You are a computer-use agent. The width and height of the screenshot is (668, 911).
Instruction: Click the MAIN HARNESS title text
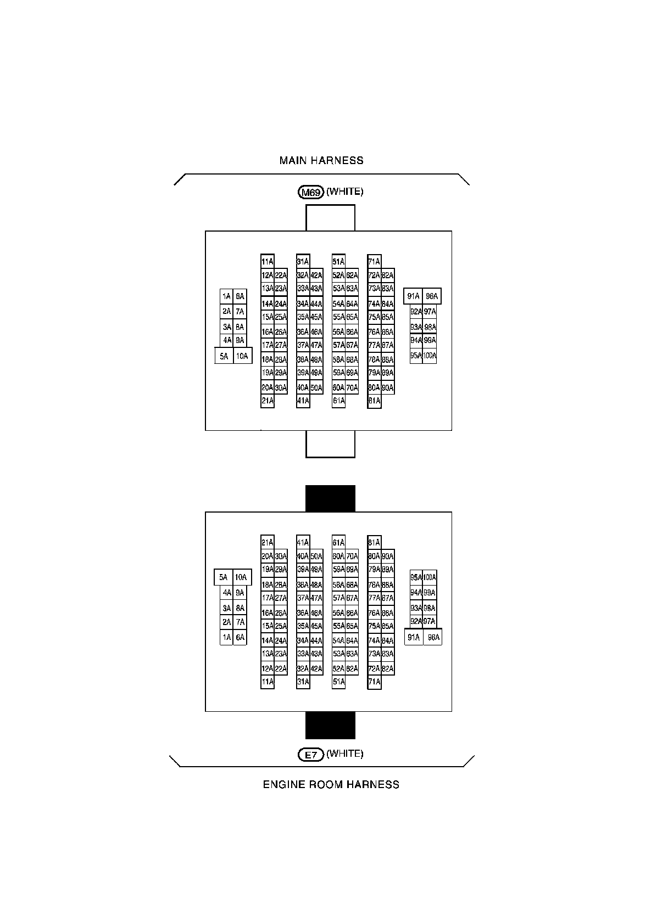[x=321, y=161]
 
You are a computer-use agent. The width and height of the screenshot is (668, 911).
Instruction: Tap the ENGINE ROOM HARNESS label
[x=331, y=784]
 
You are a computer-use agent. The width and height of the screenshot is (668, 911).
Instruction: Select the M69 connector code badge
[x=311, y=192]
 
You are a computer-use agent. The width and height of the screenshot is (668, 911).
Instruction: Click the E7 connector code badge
[x=311, y=755]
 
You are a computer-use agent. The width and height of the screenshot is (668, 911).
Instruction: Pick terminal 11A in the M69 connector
[x=268, y=262]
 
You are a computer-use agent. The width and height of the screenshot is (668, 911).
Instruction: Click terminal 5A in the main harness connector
[x=224, y=356]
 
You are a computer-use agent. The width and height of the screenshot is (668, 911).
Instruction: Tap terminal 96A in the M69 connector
[x=432, y=297]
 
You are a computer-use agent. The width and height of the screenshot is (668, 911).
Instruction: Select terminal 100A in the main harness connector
[x=430, y=356]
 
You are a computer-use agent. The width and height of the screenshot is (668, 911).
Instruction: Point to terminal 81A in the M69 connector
[x=374, y=401]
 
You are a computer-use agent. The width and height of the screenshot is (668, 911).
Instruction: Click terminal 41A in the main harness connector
[x=303, y=401]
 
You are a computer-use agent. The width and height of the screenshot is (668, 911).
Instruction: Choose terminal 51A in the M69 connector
[x=338, y=262]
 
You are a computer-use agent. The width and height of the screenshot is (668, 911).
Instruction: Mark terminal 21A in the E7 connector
[x=268, y=543]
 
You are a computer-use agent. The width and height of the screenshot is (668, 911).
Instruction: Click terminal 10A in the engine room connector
[x=241, y=577]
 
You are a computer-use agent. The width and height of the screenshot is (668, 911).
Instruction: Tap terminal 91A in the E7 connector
[x=414, y=637]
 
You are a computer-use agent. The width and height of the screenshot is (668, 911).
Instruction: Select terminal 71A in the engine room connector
[x=374, y=682]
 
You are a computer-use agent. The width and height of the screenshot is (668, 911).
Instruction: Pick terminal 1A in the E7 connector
[x=226, y=637]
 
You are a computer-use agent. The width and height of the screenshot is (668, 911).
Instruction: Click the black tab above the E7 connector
[x=330, y=498]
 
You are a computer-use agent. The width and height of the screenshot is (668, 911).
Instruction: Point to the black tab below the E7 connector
[x=330, y=725]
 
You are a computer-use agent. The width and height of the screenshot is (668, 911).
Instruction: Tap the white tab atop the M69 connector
[x=330, y=218]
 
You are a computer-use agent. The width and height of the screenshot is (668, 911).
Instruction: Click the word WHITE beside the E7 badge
[x=345, y=754]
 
